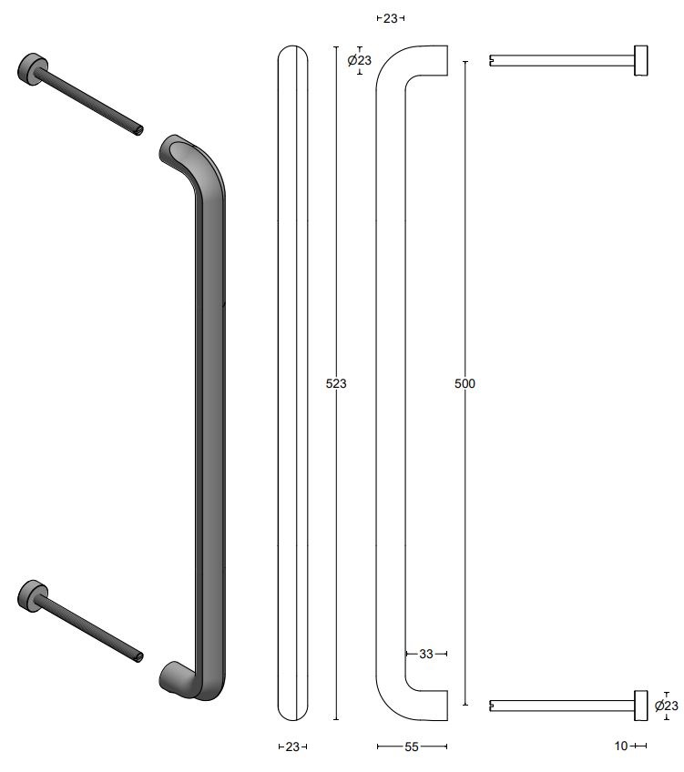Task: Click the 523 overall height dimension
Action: [336, 383]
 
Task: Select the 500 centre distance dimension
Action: [465, 383]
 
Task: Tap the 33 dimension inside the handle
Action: [426, 654]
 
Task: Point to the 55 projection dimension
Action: [412, 747]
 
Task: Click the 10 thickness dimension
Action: [621, 747]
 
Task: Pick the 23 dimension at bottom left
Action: [291, 747]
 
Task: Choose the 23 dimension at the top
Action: [390, 17]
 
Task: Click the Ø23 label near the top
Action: [360, 61]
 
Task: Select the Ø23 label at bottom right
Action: [667, 706]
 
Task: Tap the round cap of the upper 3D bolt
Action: [30, 68]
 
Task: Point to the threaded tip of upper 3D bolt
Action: [138, 129]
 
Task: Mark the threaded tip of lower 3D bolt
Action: [138, 654]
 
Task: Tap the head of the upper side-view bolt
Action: [641, 61]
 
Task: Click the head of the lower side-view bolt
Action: [641, 705]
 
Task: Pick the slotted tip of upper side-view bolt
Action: [493, 61]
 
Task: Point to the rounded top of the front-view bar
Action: [291, 52]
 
